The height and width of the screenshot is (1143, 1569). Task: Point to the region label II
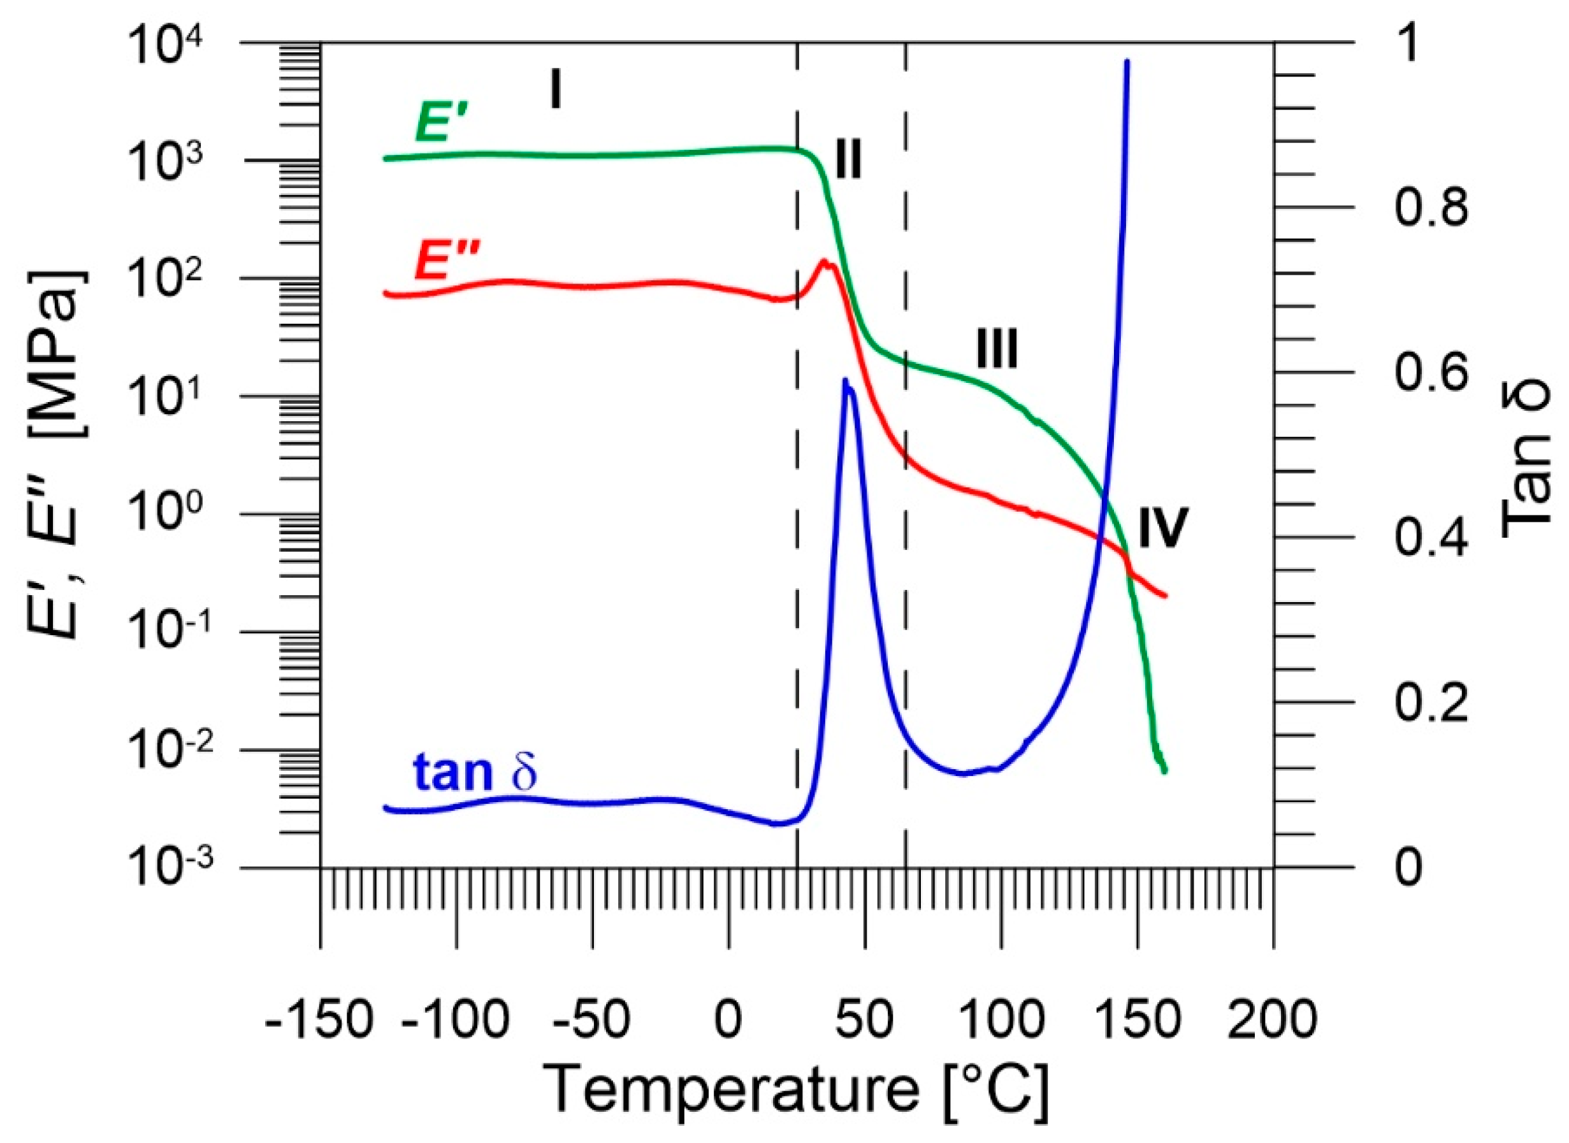848,160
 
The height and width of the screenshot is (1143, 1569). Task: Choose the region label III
997,349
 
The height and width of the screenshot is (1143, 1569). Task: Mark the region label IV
1163,528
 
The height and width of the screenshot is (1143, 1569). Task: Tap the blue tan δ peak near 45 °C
846,381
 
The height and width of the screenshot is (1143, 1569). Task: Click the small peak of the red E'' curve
823,261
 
